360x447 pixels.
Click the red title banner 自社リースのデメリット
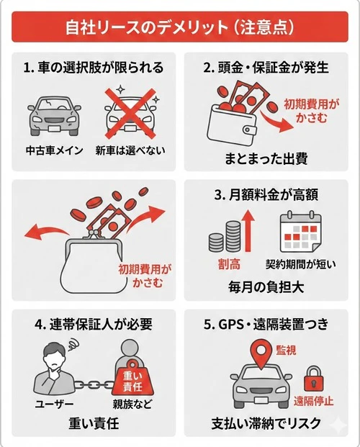tap(179, 29)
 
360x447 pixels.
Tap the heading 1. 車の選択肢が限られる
tap(93, 68)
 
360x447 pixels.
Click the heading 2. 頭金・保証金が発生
tap(266, 68)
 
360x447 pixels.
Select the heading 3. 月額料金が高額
tap(266, 194)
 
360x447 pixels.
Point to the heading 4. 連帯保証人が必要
tap(93, 325)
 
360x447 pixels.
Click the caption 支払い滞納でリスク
tap(266, 423)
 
